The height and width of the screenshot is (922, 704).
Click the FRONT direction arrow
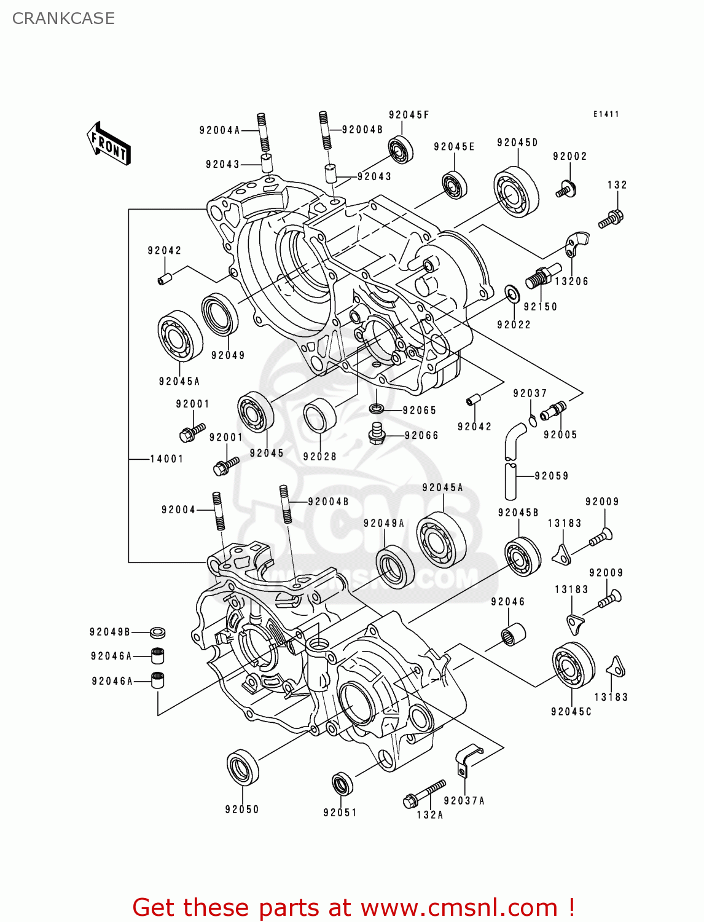(x=109, y=143)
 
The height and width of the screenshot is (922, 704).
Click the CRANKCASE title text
(x=63, y=18)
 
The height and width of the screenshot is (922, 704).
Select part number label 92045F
(x=409, y=115)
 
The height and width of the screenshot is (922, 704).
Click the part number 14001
(x=166, y=459)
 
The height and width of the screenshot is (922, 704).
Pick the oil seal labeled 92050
(x=243, y=768)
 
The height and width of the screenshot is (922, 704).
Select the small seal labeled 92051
(x=342, y=784)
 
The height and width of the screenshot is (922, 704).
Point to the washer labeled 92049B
(x=158, y=632)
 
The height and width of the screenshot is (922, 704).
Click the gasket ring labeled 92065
(x=377, y=408)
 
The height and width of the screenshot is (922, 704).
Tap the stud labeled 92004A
(x=263, y=132)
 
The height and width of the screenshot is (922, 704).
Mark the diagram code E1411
(x=606, y=114)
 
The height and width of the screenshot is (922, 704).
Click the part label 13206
(x=571, y=281)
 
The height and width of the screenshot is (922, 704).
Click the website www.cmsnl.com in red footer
(x=458, y=907)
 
